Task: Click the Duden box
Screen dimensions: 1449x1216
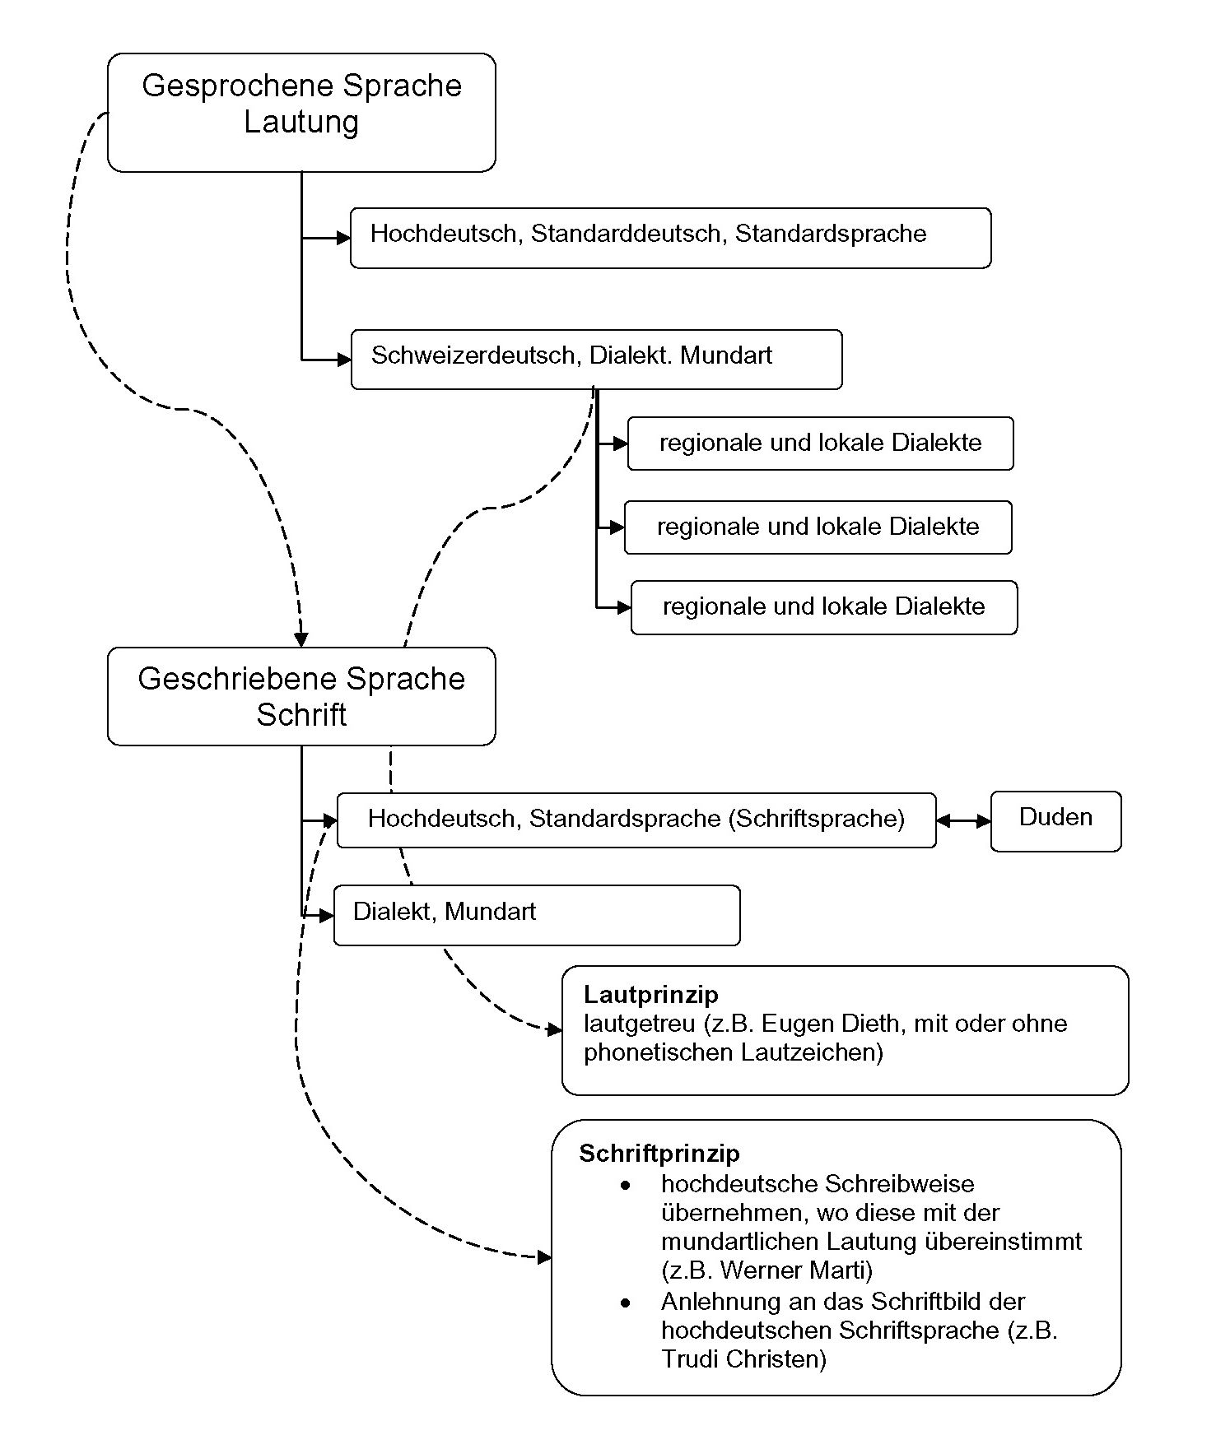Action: (x=1055, y=820)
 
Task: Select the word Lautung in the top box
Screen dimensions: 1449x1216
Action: (x=301, y=122)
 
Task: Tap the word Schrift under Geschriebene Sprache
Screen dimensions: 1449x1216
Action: (x=301, y=714)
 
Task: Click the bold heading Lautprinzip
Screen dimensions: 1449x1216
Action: (x=650, y=995)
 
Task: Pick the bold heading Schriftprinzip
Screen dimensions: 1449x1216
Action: (x=659, y=1153)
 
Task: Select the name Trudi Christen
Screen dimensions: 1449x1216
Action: (x=743, y=1358)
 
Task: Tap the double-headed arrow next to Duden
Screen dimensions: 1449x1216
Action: (x=963, y=820)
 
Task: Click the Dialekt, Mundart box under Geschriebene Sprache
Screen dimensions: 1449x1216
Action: (x=537, y=915)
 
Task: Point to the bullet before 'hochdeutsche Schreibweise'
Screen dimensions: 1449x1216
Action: (x=627, y=1185)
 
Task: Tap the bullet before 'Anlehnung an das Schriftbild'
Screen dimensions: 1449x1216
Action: (x=627, y=1303)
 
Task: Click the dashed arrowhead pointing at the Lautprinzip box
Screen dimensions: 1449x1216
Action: (x=555, y=1029)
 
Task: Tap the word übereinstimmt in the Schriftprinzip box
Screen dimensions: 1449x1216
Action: (x=1003, y=1241)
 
